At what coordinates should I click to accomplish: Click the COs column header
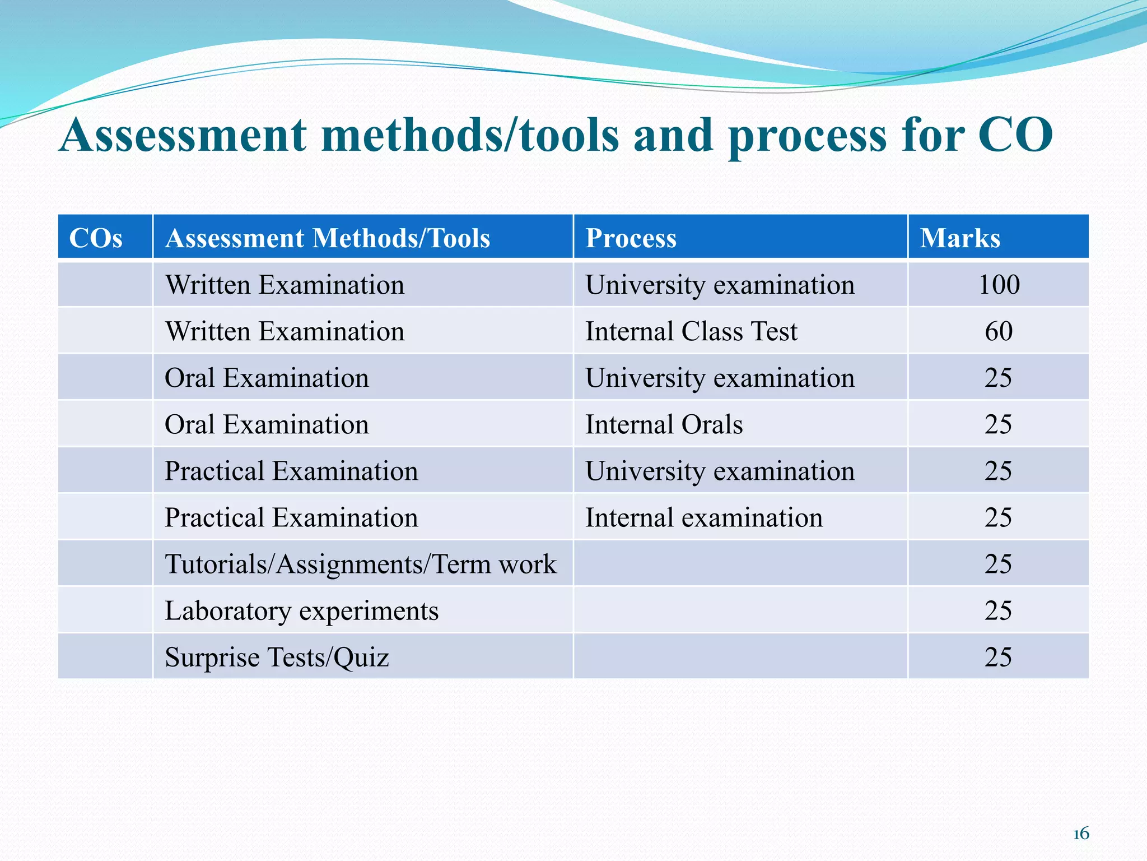pos(96,238)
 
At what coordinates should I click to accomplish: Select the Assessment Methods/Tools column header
pos(328,238)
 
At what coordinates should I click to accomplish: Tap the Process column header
pos(631,238)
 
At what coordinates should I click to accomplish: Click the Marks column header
pos(960,238)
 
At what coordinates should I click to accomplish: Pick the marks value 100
pos(999,285)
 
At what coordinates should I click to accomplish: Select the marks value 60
pos(999,331)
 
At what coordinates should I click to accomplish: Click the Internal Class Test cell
pos(691,331)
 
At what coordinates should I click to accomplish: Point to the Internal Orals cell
pos(664,424)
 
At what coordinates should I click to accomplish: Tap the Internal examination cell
pos(704,517)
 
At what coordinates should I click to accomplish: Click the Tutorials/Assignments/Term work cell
pos(361,564)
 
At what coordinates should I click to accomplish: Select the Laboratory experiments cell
pos(301,610)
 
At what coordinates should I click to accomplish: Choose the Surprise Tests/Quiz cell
pos(277,657)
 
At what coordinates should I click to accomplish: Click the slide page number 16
pos(1080,834)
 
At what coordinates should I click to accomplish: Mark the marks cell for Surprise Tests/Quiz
pos(999,657)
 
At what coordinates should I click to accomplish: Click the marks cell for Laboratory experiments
pos(999,610)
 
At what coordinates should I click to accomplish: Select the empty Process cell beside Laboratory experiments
pos(740,610)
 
